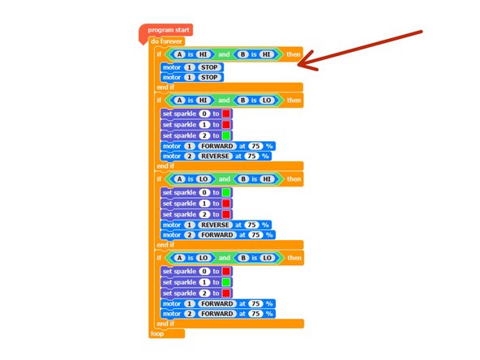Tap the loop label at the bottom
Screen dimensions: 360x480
pyautogui.click(x=157, y=332)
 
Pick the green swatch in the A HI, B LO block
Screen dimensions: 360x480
pyautogui.click(x=226, y=135)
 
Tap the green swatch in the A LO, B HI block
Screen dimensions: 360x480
pyautogui.click(x=226, y=192)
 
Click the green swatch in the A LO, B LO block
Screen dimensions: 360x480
pyautogui.click(x=226, y=281)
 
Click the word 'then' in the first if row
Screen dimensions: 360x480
pyautogui.click(x=293, y=54)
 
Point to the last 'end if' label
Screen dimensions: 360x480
pyautogui.click(x=165, y=323)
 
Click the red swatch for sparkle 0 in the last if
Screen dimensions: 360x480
pyautogui.click(x=226, y=271)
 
